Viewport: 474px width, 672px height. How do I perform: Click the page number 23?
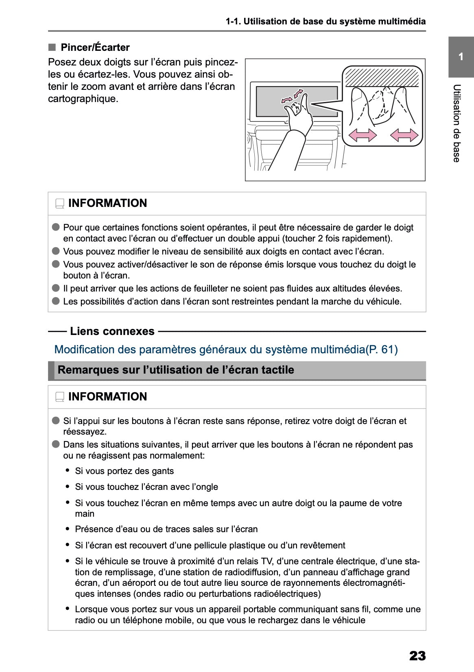pos(417,655)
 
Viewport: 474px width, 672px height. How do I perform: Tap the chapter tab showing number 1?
pos(461,57)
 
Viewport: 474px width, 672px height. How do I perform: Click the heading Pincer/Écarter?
pos(95,48)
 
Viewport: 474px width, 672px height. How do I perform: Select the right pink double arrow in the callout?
pos(404,135)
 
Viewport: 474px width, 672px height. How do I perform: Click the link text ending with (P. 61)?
pos(226,349)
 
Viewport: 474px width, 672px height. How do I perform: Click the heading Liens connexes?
pos(112,331)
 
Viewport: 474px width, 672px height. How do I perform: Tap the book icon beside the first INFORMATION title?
pos(60,203)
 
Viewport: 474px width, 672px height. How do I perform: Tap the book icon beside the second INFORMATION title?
pos(60,397)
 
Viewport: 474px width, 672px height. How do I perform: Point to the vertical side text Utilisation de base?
pos(457,123)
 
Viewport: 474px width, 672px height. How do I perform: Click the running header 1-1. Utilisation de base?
pos(326,22)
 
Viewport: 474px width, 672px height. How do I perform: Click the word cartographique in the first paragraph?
pos(83,99)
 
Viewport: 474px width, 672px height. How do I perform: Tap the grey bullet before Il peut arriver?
pos(56,288)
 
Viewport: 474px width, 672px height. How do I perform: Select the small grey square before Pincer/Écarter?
pos(52,47)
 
